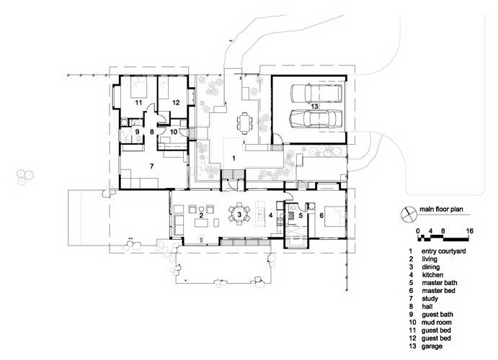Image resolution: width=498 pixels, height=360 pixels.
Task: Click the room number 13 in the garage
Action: tap(314, 107)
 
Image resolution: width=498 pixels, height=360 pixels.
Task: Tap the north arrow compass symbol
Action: tap(408, 215)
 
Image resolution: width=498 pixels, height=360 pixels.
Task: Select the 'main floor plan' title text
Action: tap(441, 210)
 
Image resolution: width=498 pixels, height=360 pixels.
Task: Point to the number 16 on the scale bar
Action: tap(469, 231)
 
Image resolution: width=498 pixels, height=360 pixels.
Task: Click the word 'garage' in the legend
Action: tap(432, 346)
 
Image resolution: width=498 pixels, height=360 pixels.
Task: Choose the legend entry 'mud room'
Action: tap(437, 323)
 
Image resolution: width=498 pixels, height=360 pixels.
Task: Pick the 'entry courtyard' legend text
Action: tap(444, 251)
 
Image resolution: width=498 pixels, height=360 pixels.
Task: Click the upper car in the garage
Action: tap(316, 94)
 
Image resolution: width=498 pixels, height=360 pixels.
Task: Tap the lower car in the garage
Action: tap(316, 118)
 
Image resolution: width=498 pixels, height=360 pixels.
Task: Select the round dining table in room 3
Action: tap(239, 214)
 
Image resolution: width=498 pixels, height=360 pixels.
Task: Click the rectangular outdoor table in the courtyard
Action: tap(244, 123)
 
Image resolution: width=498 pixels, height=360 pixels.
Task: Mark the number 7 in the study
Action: tap(152, 166)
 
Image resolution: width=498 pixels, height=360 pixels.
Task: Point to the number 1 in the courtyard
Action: tap(234, 158)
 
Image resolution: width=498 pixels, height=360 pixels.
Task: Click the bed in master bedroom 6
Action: tap(334, 216)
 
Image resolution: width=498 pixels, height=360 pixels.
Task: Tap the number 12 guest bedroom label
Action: tap(176, 102)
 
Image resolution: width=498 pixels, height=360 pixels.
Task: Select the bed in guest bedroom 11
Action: tap(139, 87)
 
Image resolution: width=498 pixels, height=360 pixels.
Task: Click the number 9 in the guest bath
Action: tap(138, 131)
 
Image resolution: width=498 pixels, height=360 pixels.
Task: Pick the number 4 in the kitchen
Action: tap(270, 215)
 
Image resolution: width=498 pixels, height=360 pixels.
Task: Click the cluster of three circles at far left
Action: tap(25, 177)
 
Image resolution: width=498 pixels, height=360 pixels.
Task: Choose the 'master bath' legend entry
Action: tap(440, 283)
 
